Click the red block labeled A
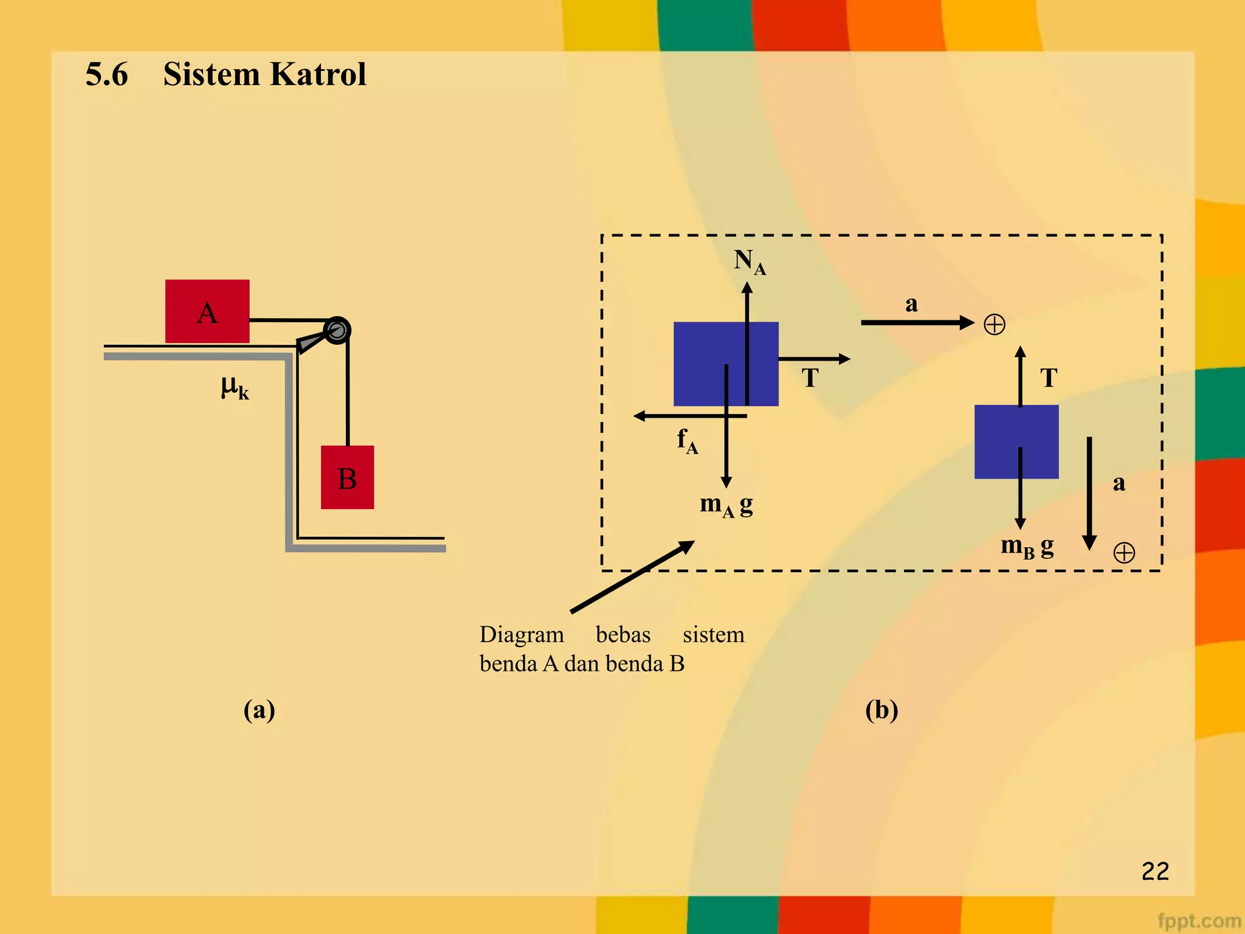tap(207, 311)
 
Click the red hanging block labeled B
tap(347, 477)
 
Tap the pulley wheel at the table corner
tap(337, 330)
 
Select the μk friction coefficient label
tap(235, 387)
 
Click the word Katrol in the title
tap(317, 74)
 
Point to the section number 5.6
tap(107, 74)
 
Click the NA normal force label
tap(749, 261)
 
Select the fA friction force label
tap(687, 440)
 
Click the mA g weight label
tap(726, 505)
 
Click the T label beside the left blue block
tap(810, 378)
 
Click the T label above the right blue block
tap(1049, 378)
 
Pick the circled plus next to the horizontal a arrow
tap(995, 324)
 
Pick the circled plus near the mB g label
tap(1124, 553)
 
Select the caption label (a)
tap(259, 710)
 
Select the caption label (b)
tap(881, 710)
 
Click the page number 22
tap(1155, 871)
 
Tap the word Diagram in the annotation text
tap(522, 635)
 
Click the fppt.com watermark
tap(1198, 921)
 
